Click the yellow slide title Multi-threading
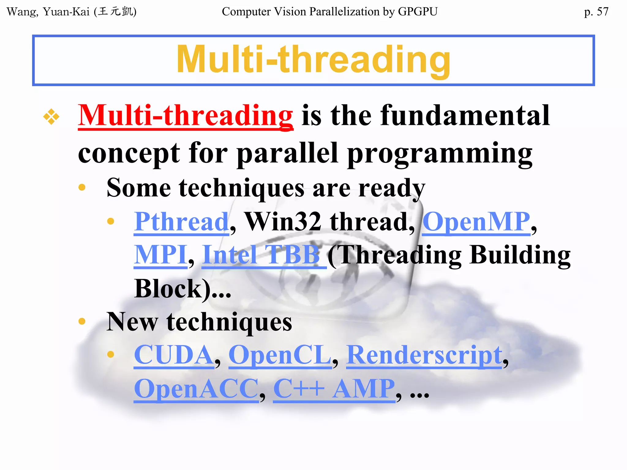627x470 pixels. tap(313, 60)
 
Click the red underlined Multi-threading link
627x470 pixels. tap(186, 116)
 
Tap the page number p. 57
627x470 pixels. tap(596, 12)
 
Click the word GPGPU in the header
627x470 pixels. tap(418, 12)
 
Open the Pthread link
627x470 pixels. tap(181, 222)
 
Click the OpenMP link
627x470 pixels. tap(476, 222)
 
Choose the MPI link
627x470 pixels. tap(160, 255)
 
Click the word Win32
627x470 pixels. tap(283, 222)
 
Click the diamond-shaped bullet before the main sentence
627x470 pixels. tap(51, 117)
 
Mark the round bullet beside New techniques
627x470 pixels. tap(82, 321)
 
